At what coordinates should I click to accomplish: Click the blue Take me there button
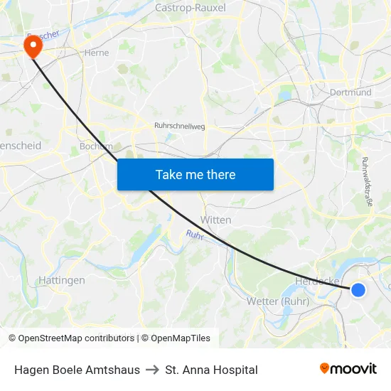coord(195,175)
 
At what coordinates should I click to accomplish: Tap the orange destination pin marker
coord(33,47)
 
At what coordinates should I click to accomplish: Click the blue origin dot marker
coord(358,289)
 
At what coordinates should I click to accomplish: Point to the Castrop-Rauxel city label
coord(190,8)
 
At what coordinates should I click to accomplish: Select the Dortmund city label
coord(351,92)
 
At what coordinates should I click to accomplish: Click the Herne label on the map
coord(96,53)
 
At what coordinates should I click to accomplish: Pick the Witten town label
coord(216,220)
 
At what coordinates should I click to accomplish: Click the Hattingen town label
coord(62,280)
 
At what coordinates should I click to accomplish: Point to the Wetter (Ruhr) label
coord(277,301)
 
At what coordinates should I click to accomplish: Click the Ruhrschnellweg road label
coord(179,126)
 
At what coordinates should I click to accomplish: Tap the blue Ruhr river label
coord(195,235)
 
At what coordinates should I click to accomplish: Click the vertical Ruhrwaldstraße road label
coord(368,181)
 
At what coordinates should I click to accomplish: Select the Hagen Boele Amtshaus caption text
coord(77,370)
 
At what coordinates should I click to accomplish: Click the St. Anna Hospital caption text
coord(211,370)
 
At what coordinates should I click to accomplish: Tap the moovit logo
coord(348,368)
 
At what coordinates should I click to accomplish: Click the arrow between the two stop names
coord(152,370)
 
